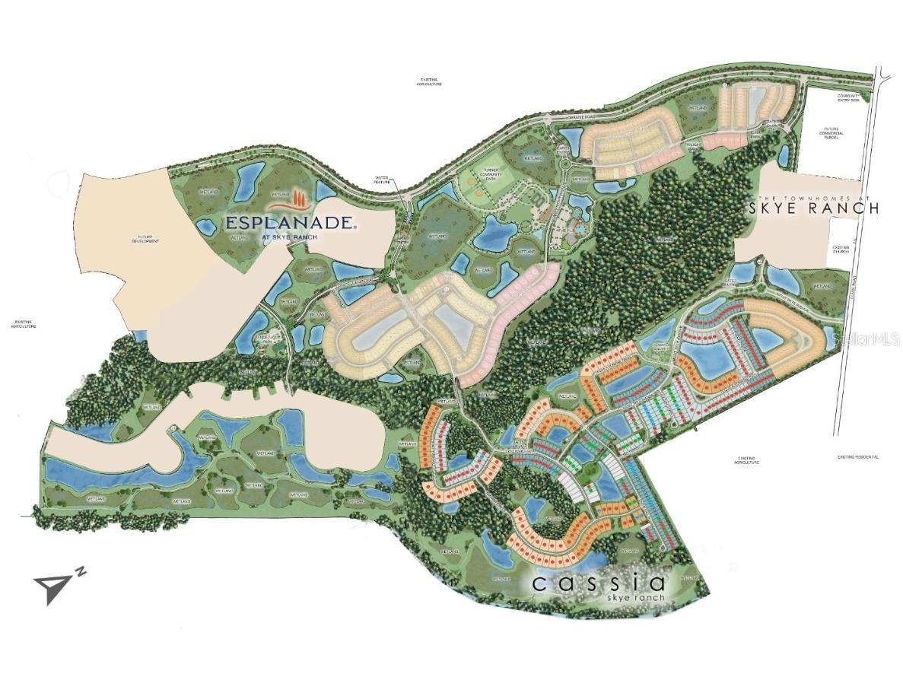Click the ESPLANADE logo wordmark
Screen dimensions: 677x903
(289, 223)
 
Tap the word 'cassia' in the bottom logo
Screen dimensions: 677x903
(599, 583)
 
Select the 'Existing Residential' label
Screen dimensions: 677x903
(857, 456)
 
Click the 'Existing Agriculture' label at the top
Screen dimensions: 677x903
(429, 81)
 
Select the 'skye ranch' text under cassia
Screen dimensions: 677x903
(636, 598)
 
